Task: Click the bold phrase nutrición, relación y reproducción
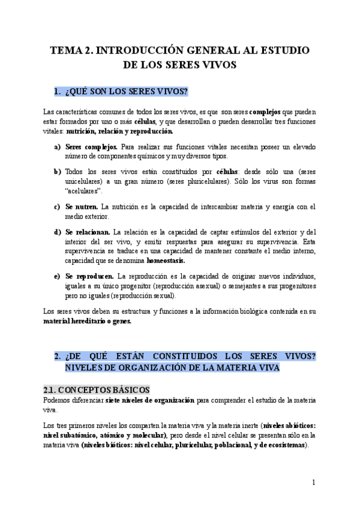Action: click(120, 131)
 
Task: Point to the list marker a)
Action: click(58, 146)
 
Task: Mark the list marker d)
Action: click(58, 232)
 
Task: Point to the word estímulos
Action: click(247, 232)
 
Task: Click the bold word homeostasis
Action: click(166, 261)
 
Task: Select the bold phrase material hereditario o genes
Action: click(88, 321)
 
